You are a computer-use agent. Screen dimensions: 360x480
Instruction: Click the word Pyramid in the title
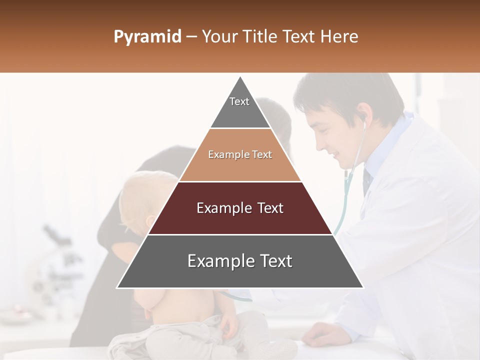(x=147, y=37)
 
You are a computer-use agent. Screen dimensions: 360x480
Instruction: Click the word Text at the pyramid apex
(x=239, y=101)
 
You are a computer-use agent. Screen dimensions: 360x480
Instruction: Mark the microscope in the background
(x=55, y=265)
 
